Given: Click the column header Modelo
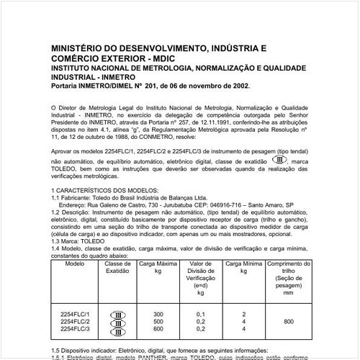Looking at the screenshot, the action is pyautogui.click(x=74, y=264).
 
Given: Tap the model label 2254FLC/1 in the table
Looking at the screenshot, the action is pyautogui.click(x=74, y=315).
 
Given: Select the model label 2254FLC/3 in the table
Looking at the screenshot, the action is pyautogui.click(x=74, y=328).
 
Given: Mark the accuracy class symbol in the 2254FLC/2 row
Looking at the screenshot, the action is pyautogui.click(x=117, y=322).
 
